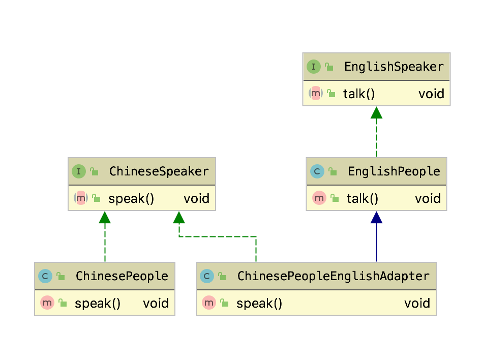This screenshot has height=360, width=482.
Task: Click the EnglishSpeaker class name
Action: (x=394, y=67)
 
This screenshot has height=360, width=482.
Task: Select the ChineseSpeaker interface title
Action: (x=159, y=171)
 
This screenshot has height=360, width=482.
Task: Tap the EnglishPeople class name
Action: (x=394, y=171)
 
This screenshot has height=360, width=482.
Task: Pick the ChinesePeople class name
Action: (x=122, y=276)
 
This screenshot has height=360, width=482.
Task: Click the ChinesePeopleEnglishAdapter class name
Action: (x=333, y=276)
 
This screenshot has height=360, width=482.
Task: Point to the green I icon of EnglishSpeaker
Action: (x=314, y=67)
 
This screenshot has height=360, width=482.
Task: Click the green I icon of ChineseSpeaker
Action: (x=79, y=171)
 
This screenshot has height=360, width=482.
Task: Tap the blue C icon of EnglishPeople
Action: (x=317, y=171)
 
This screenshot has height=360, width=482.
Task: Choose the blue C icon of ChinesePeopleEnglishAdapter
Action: (x=207, y=276)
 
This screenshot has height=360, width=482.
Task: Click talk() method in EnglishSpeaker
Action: (x=358, y=94)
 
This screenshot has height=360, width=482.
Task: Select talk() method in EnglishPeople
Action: (x=362, y=198)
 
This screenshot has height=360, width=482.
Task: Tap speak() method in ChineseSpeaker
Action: (x=131, y=198)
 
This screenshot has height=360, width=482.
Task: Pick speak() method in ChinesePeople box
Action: (x=97, y=304)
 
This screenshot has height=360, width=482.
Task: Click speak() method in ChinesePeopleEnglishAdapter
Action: (x=259, y=304)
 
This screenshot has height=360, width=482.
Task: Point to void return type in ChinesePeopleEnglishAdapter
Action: (x=417, y=304)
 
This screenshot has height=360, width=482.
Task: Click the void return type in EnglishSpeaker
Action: (x=431, y=94)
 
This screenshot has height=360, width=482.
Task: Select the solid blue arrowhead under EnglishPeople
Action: (x=376, y=218)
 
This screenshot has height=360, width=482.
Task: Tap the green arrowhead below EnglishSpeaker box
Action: (x=376, y=113)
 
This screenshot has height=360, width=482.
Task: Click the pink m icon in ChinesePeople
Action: (x=47, y=303)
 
